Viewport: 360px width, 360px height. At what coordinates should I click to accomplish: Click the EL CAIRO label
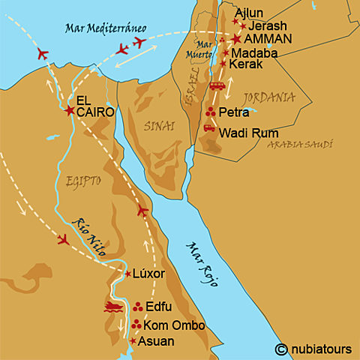(x=95, y=105)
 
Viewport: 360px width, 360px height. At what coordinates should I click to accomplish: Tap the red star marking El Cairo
(x=70, y=111)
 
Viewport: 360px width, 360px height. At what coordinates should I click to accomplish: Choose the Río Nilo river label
(x=90, y=233)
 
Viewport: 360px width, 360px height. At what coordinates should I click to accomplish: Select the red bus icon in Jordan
(x=217, y=86)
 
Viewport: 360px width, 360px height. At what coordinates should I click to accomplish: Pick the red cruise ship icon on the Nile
(x=114, y=307)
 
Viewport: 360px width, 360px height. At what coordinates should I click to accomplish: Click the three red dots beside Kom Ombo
(x=136, y=325)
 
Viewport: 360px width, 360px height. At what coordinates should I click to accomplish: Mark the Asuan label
(x=157, y=341)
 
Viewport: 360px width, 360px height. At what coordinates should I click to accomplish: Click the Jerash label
(x=264, y=25)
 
